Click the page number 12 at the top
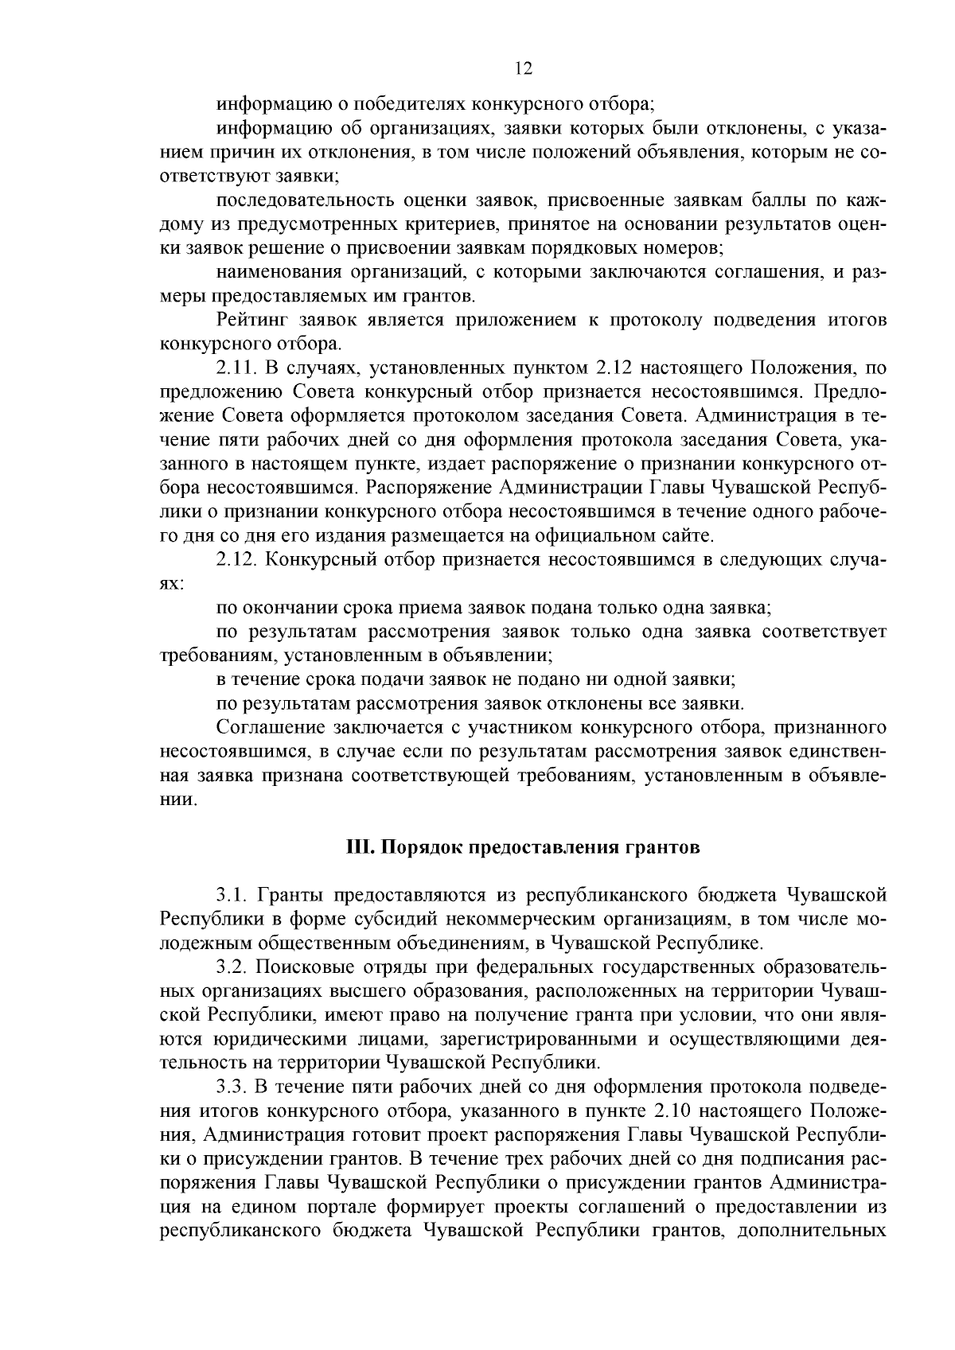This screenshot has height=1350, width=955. coord(523,69)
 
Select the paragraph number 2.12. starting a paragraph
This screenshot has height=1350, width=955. coord(236,559)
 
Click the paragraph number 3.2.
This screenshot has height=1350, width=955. coord(230,967)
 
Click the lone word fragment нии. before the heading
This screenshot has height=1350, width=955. coord(177,800)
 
